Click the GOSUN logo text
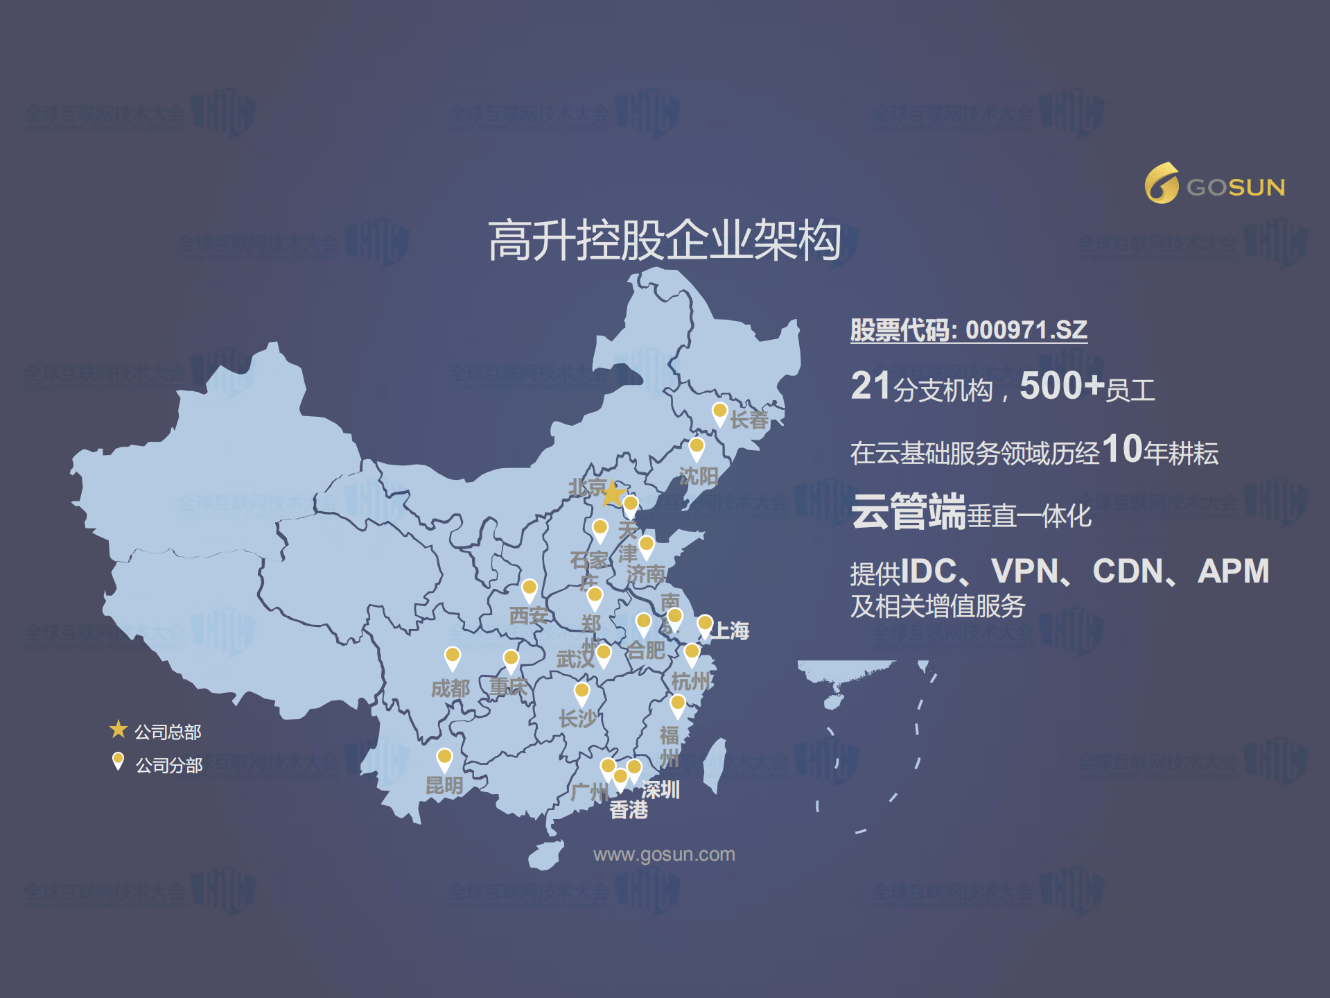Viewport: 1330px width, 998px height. (x=1235, y=187)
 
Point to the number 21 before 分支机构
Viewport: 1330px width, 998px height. (x=870, y=386)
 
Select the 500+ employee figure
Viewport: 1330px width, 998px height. (x=1061, y=386)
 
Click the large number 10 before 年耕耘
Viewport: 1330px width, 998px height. (x=1121, y=449)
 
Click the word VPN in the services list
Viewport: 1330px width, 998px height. (x=1024, y=571)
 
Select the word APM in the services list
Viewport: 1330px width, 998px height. (x=1233, y=571)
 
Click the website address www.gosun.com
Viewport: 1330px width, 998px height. (x=664, y=854)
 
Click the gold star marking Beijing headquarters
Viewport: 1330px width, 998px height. (x=613, y=494)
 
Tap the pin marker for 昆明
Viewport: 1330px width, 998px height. (x=444, y=758)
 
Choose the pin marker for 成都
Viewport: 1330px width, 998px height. (x=452, y=657)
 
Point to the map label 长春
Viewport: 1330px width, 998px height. (x=749, y=420)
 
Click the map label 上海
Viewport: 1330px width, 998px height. (x=732, y=630)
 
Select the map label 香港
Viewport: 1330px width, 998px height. (x=629, y=809)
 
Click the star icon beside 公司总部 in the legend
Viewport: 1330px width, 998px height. (x=119, y=729)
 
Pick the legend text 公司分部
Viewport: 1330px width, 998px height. (x=169, y=766)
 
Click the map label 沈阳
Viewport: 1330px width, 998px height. (x=698, y=476)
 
